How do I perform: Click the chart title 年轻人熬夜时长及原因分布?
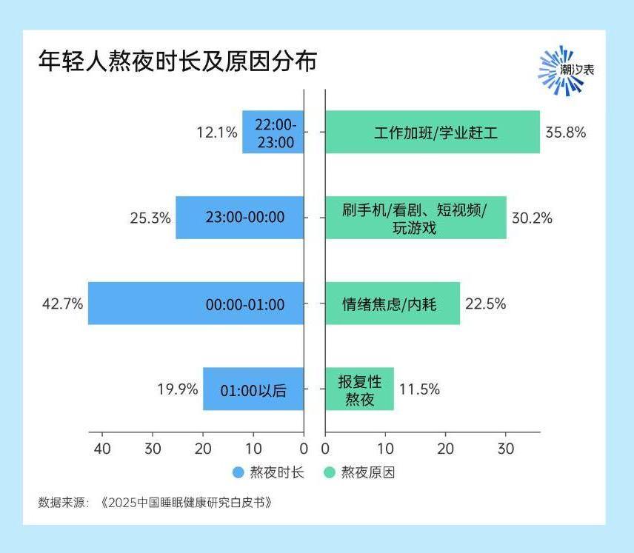[x=178, y=61]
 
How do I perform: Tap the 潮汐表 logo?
[x=565, y=71]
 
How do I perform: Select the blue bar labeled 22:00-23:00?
[x=273, y=133]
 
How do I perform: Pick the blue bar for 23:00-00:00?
[x=240, y=218]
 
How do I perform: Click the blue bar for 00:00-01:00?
[x=196, y=304]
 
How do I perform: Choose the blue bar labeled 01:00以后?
[x=253, y=389]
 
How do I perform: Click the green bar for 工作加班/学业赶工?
[x=433, y=133]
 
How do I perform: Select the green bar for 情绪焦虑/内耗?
[x=393, y=304]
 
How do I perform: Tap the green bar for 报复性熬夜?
[x=359, y=389]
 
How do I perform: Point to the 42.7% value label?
[x=63, y=304]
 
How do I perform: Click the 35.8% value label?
[x=566, y=133]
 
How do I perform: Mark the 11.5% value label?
[x=420, y=389]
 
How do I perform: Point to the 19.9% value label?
[x=178, y=389]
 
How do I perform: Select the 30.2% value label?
[x=532, y=218]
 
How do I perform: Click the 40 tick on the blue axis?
[x=102, y=449]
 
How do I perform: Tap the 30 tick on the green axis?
[x=506, y=449]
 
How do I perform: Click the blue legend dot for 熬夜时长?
[x=238, y=472]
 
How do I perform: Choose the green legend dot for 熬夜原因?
[x=330, y=472]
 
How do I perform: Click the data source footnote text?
[x=156, y=503]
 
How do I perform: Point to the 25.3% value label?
[x=150, y=218]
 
